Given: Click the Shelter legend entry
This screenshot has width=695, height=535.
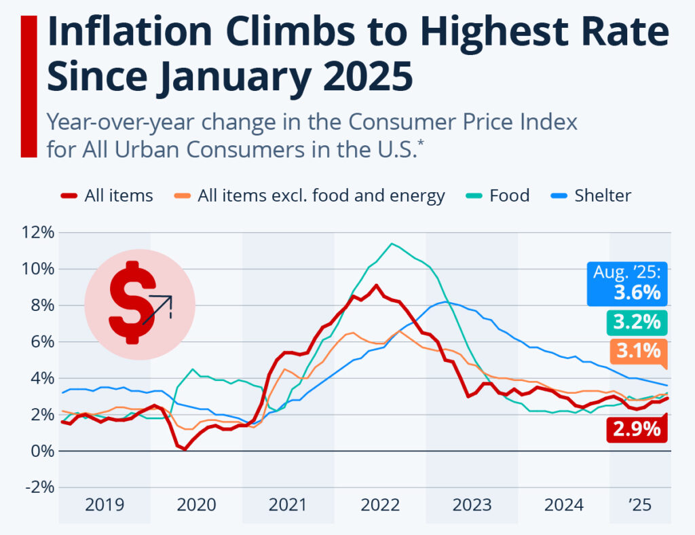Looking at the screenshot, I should tap(593, 196).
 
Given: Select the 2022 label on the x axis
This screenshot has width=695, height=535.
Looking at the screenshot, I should tap(380, 505).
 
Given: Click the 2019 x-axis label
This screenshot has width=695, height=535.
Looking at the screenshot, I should tap(105, 505).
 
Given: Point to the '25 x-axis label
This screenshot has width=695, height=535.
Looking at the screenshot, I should tap(640, 505).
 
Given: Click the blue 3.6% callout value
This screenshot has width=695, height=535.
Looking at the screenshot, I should tap(637, 293).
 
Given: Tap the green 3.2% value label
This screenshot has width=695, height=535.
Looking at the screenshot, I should tap(637, 322).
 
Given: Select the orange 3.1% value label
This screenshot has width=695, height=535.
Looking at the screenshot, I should tap(637, 351).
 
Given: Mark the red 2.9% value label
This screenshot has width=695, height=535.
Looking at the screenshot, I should tap(637, 429).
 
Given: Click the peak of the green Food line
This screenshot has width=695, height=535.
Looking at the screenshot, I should tap(392, 244).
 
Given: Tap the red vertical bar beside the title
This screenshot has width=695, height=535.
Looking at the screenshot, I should tap(29, 86).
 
